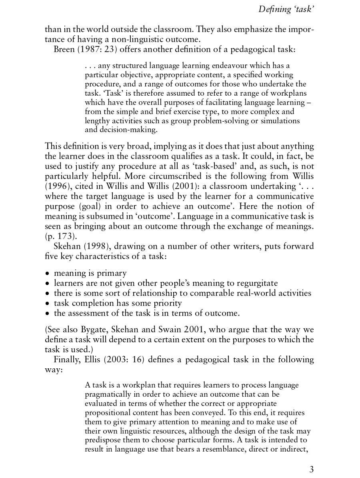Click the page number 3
coord(311,470)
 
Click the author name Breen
coord(64,50)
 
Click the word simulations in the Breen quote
coord(280,121)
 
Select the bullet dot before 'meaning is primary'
coord(47,274)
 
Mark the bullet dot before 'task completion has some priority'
coord(47,303)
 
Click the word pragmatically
coord(109,395)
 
